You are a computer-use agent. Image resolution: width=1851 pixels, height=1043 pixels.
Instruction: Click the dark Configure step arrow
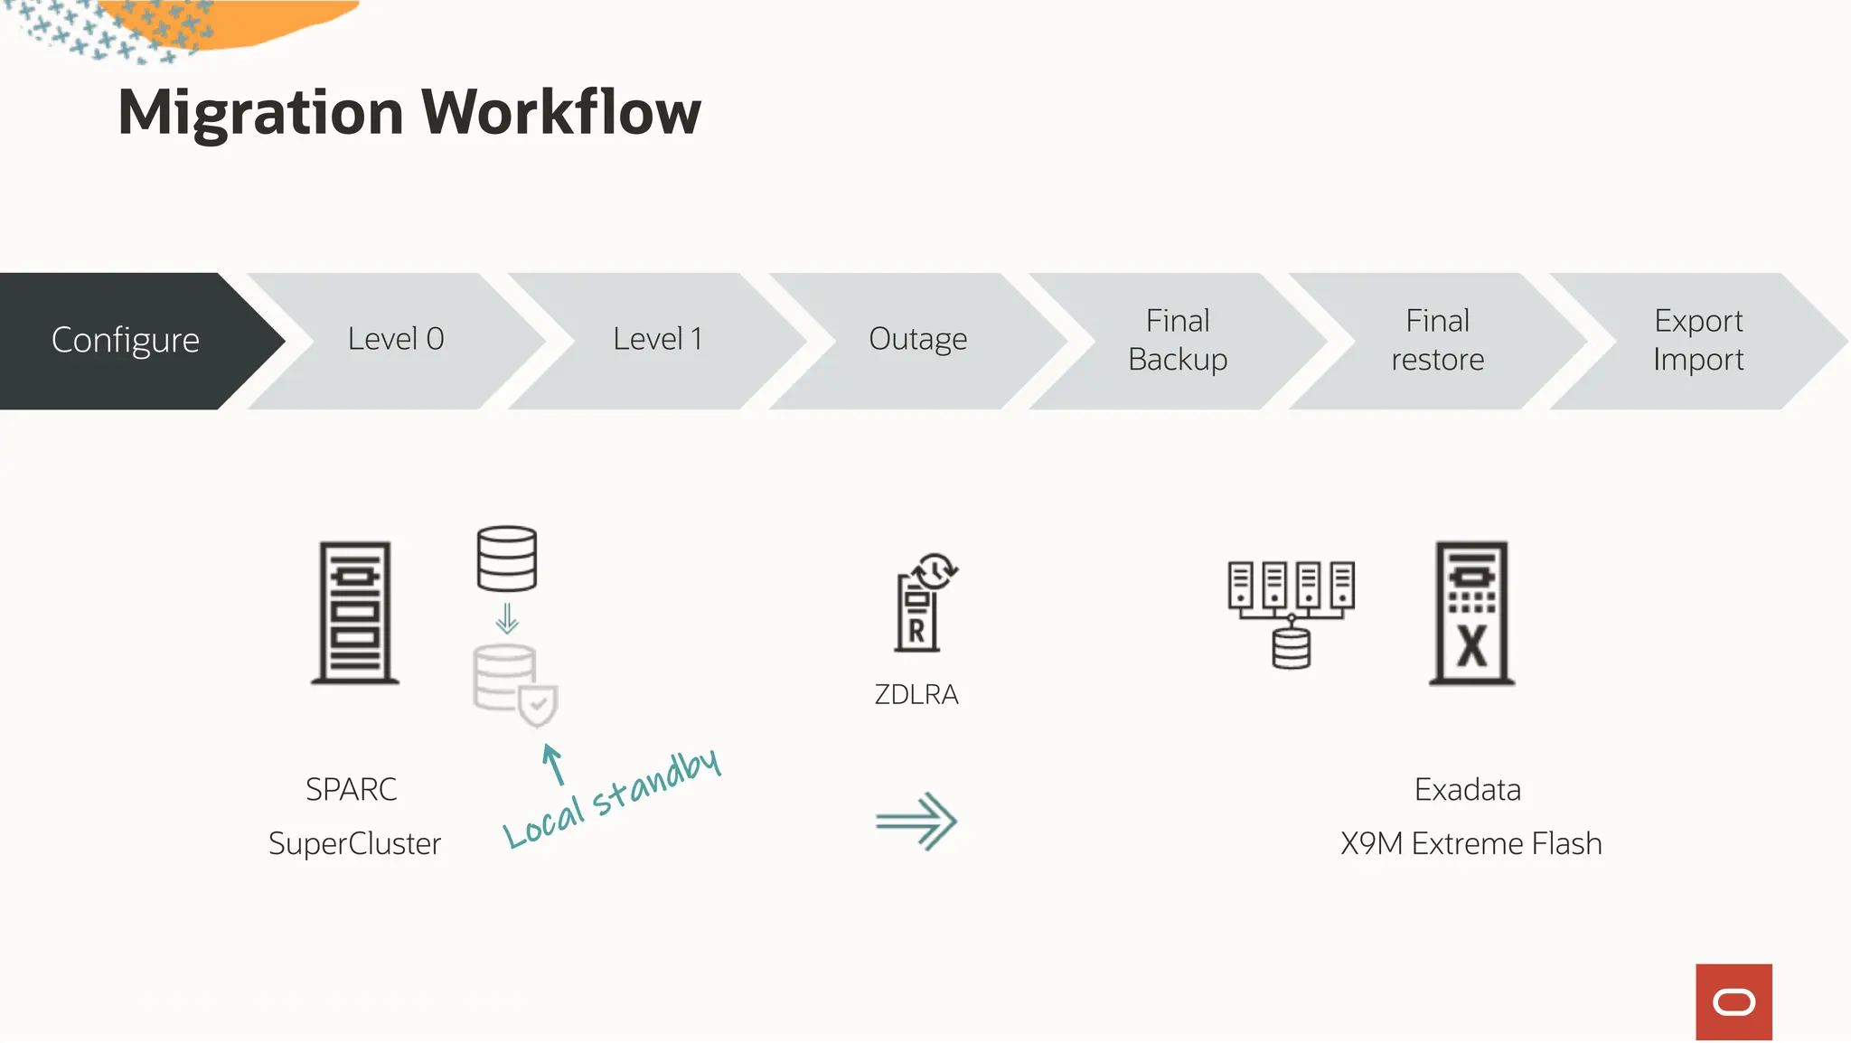point(127,341)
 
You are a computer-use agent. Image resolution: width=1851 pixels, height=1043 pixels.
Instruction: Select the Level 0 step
point(396,340)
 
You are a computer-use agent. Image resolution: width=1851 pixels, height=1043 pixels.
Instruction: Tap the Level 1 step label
point(657,340)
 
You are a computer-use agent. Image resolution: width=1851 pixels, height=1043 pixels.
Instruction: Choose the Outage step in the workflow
point(917,340)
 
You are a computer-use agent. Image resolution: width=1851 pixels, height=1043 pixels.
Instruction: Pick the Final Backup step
point(1178,341)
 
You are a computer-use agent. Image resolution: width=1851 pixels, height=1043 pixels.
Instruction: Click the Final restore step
point(1437,341)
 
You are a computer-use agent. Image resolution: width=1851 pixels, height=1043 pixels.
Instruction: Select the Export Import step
point(1697,341)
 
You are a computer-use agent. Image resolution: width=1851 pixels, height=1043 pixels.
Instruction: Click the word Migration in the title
point(260,113)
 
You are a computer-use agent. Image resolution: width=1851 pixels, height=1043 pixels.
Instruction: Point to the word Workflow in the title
point(561,113)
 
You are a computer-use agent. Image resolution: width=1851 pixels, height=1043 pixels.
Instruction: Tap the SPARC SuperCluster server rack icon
point(355,613)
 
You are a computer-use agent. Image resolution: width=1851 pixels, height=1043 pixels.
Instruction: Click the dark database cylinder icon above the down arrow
point(507,559)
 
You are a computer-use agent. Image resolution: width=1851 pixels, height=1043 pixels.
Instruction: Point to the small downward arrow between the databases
point(507,618)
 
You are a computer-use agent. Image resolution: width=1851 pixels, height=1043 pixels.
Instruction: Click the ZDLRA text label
point(916,695)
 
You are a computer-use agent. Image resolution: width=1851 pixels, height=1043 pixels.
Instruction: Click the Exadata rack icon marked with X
point(1472,613)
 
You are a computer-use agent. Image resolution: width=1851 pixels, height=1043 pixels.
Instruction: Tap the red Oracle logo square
point(1734,1001)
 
